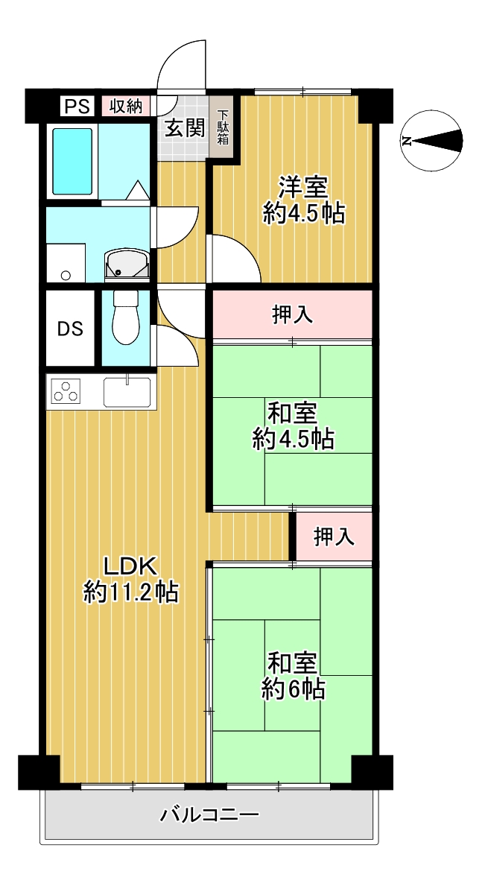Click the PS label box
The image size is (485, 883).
[77, 106]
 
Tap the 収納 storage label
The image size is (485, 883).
[126, 106]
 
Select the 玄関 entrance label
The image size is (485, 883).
[183, 130]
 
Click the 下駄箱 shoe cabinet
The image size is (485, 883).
[224, 127]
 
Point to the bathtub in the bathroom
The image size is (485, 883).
[73, 162]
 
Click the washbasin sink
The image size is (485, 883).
[127, 264]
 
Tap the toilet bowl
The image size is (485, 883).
[126, 317]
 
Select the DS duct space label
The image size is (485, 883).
[71, 329]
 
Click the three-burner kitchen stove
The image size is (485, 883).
[66, 390]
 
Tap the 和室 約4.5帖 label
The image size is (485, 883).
[293, 425]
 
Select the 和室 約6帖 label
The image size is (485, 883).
[293, 675]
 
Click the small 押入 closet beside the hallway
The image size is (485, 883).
[334, 537]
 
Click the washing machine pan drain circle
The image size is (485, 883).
[66, 276]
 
